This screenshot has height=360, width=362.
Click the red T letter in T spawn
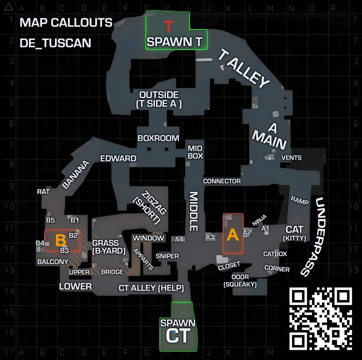point(169,26)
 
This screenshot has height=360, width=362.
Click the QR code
point(320,319)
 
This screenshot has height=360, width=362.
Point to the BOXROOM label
point(158,138)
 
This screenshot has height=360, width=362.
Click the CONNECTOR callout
point(222,181)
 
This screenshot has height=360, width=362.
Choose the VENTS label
point(291,158)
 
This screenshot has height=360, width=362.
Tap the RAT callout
point(43,192)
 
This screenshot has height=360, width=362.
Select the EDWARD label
point(118,158)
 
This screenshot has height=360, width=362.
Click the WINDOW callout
point(148,238)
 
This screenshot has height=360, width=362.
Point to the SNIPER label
point(167,256)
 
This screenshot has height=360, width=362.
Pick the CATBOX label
point(275,254)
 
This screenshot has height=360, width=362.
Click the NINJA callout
point(259,220)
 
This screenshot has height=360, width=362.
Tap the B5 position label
point(51,220)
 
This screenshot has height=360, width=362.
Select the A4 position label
point(179,239)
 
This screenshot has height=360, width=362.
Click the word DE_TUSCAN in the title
point(55,43)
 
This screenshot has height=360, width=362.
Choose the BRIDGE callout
point(112,272)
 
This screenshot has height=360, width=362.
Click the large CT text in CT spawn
point(178,335)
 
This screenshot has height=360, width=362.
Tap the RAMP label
point(299,200)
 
